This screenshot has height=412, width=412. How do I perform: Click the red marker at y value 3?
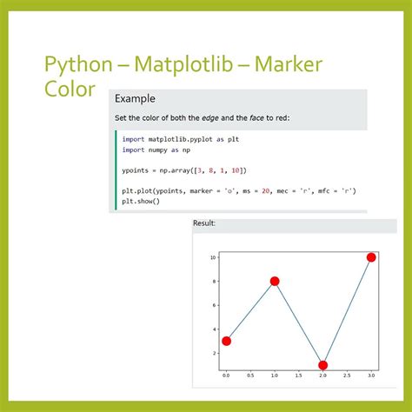226,341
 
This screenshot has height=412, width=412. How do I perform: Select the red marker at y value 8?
275,281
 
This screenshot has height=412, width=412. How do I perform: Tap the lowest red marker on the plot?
322,365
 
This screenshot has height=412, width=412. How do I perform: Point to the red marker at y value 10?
371,257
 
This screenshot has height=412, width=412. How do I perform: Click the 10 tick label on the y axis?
212,257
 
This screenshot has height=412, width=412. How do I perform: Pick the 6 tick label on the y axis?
214,305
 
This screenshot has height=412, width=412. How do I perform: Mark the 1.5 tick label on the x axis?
298,376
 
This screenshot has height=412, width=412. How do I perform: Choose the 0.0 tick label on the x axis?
226,376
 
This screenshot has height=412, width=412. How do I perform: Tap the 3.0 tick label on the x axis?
371,376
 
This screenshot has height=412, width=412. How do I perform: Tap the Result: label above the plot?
204,223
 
